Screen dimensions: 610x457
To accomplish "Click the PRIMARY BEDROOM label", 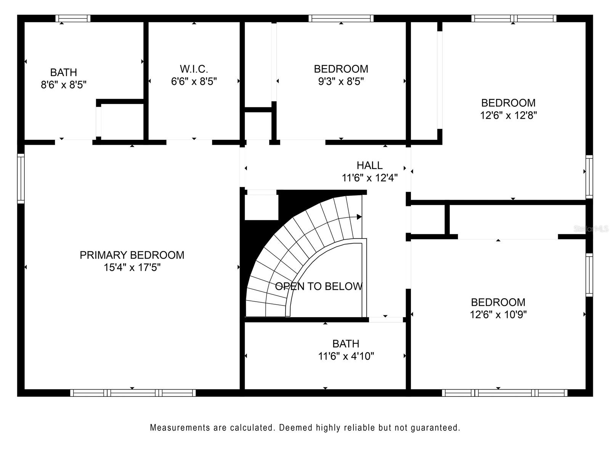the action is click(x=132, y=255).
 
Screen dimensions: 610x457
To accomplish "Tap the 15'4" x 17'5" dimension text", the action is click(x=132, y=267).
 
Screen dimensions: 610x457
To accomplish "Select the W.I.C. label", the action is click(x=194, y=69).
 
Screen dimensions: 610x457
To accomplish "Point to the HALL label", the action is click(x=369, y=165).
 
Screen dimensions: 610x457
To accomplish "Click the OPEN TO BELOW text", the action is click(x=319, y=286).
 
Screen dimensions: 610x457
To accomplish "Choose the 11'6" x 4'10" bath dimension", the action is click(x=346, y=356).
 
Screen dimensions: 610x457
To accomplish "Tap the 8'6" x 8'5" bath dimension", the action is click(x=64, y=85).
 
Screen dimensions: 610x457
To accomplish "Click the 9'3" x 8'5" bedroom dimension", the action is click(x=341, y=81).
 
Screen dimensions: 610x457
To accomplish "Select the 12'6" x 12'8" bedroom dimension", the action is click(x=508, y=115).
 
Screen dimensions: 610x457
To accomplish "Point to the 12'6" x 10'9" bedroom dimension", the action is click(x=498, y=315).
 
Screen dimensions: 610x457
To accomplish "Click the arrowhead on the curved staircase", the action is click(x=359, y=217).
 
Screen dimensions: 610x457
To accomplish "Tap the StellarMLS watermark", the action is click(x=591, y=229).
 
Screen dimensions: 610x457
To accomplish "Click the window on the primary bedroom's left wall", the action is click(x=21, y=178).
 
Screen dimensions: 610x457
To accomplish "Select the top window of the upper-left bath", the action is click(x=73, y=19).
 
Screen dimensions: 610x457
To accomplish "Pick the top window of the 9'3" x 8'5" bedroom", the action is click(x=341, y=19).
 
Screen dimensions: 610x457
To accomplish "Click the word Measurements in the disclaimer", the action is click(x=180, y=428).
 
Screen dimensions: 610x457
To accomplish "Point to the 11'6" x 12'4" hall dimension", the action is click(x=369, y=178).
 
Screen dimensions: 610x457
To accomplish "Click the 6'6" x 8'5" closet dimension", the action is click(x=194, y=81).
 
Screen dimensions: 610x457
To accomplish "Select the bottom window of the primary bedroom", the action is click(x=133, y=393).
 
